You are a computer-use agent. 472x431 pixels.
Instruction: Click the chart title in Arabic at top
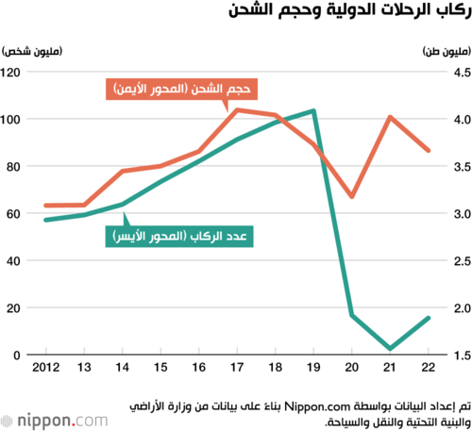point(350,10)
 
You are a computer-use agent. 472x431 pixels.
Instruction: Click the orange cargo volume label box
point(181,90)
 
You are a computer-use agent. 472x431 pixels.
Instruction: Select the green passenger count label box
point(179,237)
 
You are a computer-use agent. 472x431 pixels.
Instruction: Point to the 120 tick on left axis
point(10,73)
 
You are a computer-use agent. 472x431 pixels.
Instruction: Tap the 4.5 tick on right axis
point(463,73)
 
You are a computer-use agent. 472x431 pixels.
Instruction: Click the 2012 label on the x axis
point(46,367)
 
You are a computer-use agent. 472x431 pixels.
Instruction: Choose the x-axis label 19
point(313,367)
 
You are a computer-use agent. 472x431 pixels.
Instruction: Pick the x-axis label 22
point(429,367)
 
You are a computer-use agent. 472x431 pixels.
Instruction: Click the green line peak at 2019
point(313,111)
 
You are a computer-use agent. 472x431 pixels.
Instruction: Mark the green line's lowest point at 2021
point(390,348)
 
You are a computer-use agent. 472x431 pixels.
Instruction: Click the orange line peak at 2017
point(237,110)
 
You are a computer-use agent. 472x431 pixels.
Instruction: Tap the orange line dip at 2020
point(352,196)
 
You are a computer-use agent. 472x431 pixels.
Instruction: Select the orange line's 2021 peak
point(390,117)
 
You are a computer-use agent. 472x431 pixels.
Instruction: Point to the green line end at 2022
point(429,318)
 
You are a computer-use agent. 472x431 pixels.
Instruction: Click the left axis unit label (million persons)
point(32,51)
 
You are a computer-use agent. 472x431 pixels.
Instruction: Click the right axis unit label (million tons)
point(447,51)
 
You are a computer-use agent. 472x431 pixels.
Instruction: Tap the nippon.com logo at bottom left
point(54,421)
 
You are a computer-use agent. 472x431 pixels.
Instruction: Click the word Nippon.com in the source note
point(317,406)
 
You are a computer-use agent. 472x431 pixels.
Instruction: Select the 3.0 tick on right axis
point(463,214)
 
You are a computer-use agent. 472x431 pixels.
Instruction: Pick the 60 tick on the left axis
point(13,214)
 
